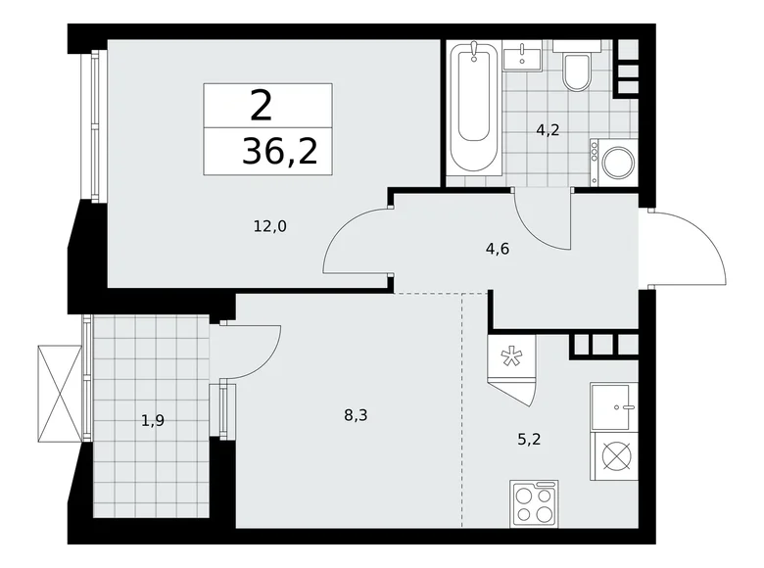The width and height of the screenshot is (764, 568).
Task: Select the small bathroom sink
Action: pos(522,57)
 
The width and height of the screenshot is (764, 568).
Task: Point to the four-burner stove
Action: pos(534,505)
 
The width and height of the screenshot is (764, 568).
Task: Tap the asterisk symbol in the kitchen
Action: pos(510,357)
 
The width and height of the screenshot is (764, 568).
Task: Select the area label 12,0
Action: pos(269,226)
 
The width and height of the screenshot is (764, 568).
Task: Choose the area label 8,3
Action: pos(356,414)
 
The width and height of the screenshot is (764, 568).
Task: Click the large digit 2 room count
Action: pos(263,104)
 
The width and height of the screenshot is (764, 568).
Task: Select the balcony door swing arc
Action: pos(255,348)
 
